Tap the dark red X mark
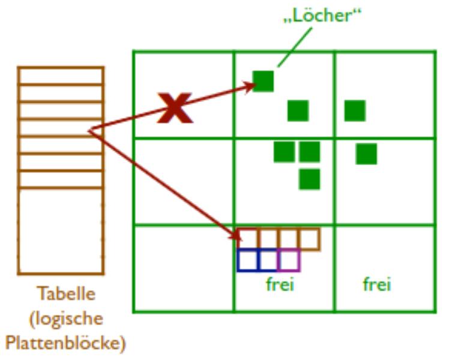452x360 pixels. (x=174, y=108)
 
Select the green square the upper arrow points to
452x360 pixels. (x=263, y=81)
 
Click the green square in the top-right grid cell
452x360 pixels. (x=355, y=110)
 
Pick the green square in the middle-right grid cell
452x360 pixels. (x=366, y=154)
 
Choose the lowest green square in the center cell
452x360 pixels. (x=310, y=179)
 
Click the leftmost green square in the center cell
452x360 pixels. (x=284, y=152)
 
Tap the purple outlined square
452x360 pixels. (x=289, y=260)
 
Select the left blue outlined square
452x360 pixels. (x=247, y=260)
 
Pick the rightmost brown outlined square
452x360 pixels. (x=310, y=239)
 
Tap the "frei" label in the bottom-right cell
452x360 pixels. (x=377, y=284)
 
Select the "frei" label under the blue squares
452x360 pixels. (x=280, y=284)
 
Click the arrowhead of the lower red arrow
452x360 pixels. (x=235, y=235)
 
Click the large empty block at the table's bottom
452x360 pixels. (x=61, y=231)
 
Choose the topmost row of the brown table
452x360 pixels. (x=61, y=76)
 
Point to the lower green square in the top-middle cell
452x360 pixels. (x=298, y=110)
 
